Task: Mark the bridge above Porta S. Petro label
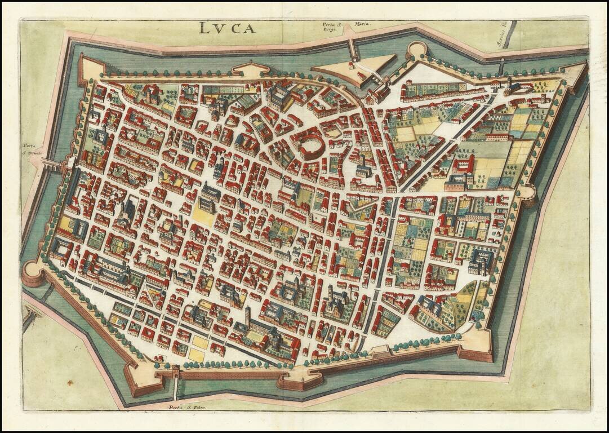(x=177, y=389)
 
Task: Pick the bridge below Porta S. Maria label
(x=353, y=48)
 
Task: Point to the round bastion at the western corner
(x=33, y=273)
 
